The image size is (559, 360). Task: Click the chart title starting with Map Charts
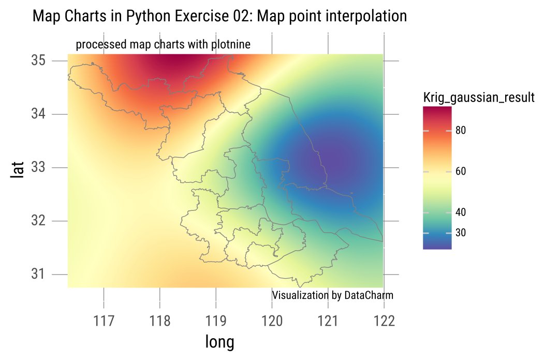click(219, 17)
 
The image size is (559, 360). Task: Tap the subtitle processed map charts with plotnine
click(163, 45)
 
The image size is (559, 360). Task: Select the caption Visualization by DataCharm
click(332, 295)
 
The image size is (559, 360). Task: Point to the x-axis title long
click(219, 342)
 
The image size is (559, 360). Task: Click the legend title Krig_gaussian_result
click(479, 97)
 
